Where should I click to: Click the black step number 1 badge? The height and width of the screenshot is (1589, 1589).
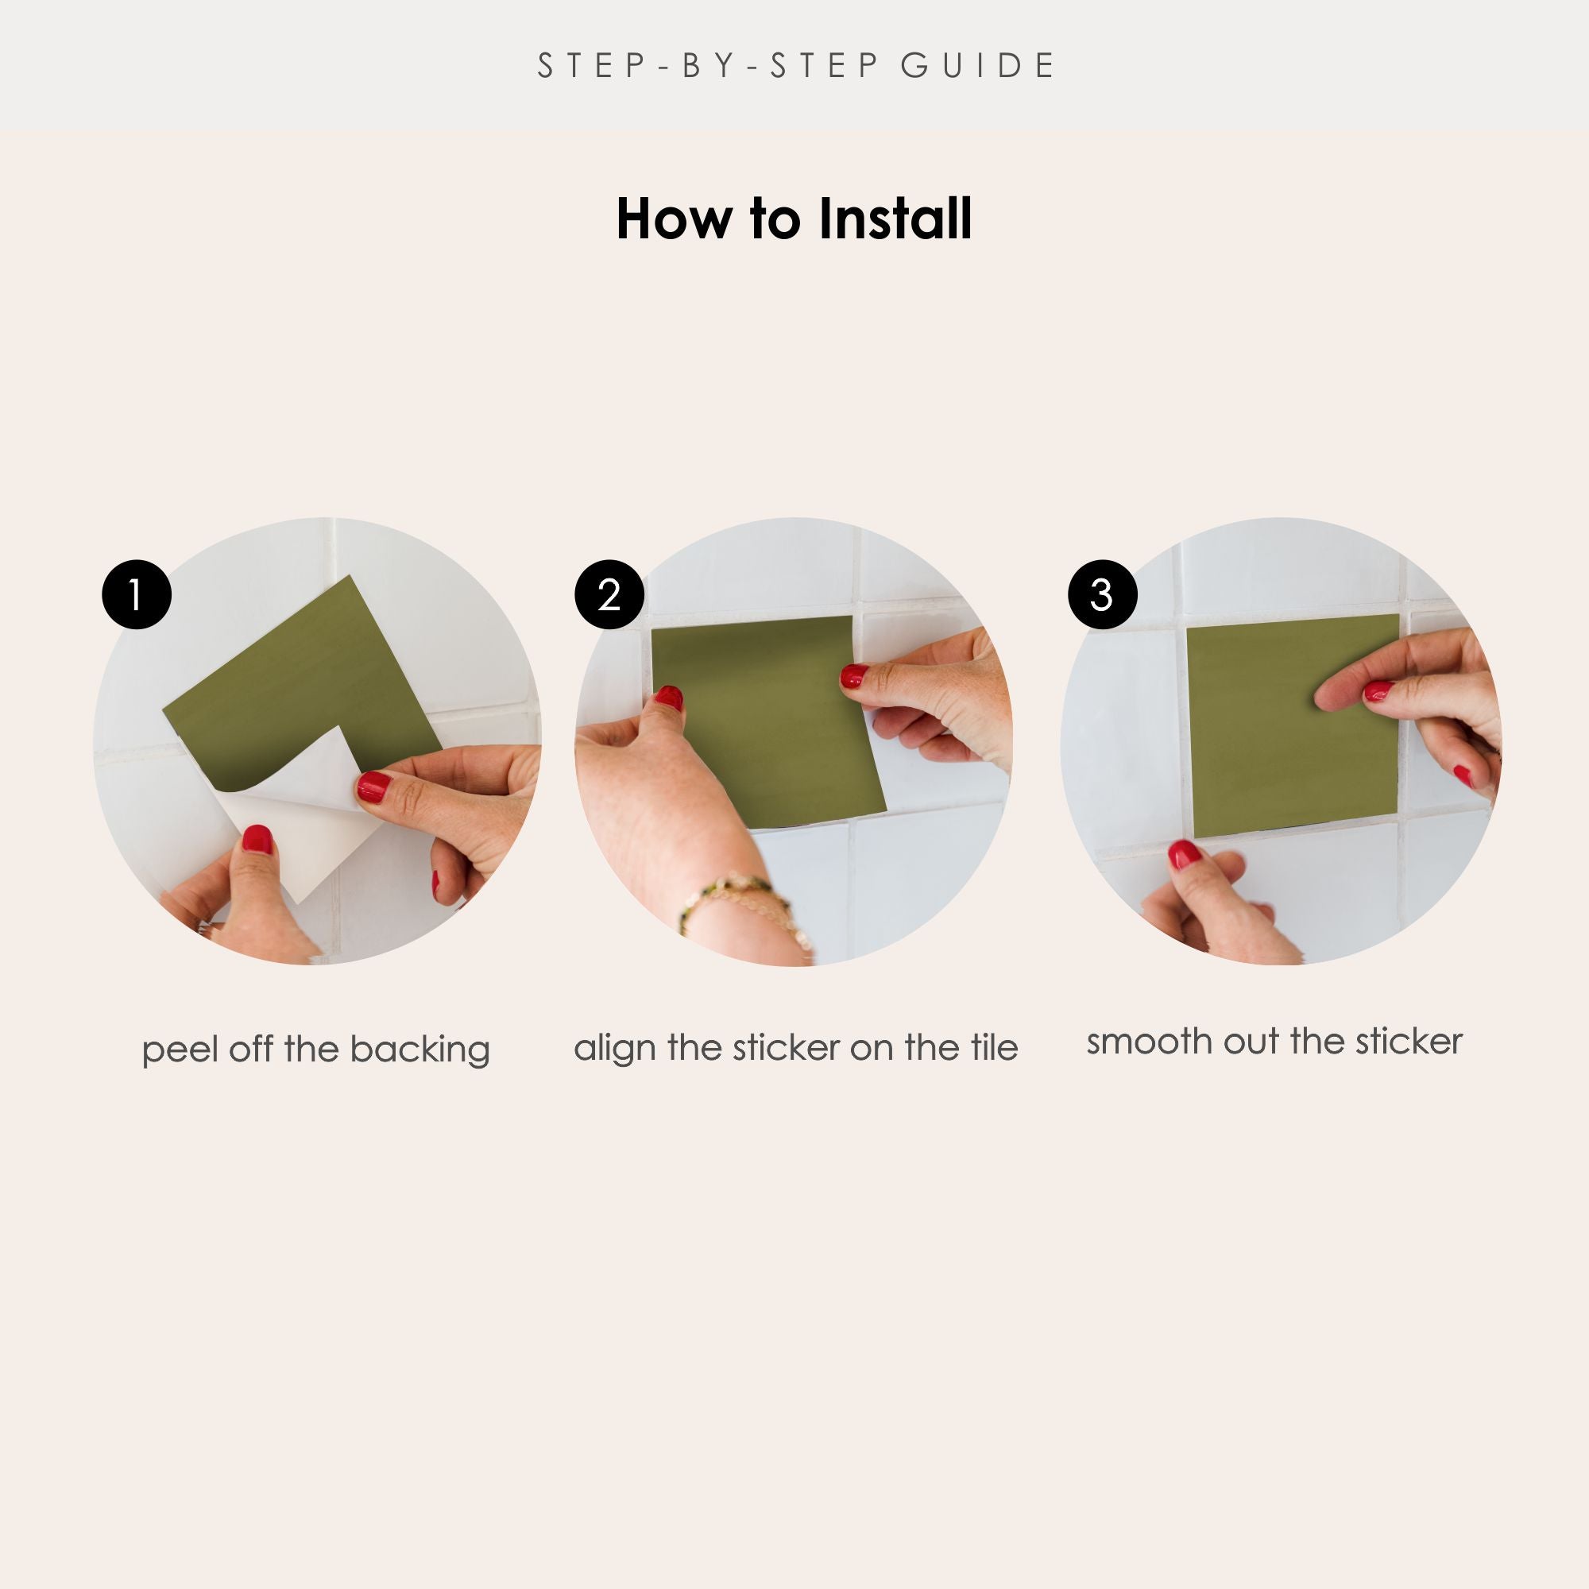137,594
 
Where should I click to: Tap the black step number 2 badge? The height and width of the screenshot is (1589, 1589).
609,594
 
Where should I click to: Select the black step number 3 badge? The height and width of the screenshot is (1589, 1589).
1102,594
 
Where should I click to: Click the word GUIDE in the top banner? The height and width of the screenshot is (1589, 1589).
977,66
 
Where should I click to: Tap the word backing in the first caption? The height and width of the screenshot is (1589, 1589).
419,1050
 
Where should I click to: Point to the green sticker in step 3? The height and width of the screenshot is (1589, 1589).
1292,725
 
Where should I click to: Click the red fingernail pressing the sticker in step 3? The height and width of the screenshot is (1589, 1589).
1378,691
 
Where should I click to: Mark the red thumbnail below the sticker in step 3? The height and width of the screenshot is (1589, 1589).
1185,856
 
